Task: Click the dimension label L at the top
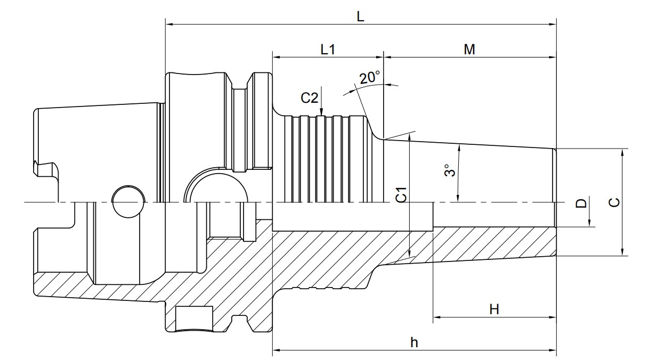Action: [x=360, y=17]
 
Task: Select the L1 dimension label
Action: [x=328, y=50]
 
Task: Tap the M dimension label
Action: [x=469, y=50]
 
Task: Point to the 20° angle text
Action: [x=370, y=78]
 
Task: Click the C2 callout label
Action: [x=310, y=98]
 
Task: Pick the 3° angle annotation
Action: [x=449, y=170]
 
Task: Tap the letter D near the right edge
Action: [x=581, y=203]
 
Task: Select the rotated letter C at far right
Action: [x=614, y=202]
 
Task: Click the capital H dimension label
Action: [x=494, y=309]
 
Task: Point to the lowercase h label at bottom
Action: [x=414, y=342]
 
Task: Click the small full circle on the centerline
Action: [x=128, y=202]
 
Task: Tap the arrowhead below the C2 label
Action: [x=321, y=112]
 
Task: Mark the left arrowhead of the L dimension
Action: [x=169, y=24]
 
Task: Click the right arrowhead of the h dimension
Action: [x=553, y=350]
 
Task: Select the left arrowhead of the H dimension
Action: [x=437, y=317]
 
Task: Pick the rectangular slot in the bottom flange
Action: [x=194, y=318]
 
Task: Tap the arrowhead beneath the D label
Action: [x=590, y=223]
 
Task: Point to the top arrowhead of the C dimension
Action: [x=622, y=153]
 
